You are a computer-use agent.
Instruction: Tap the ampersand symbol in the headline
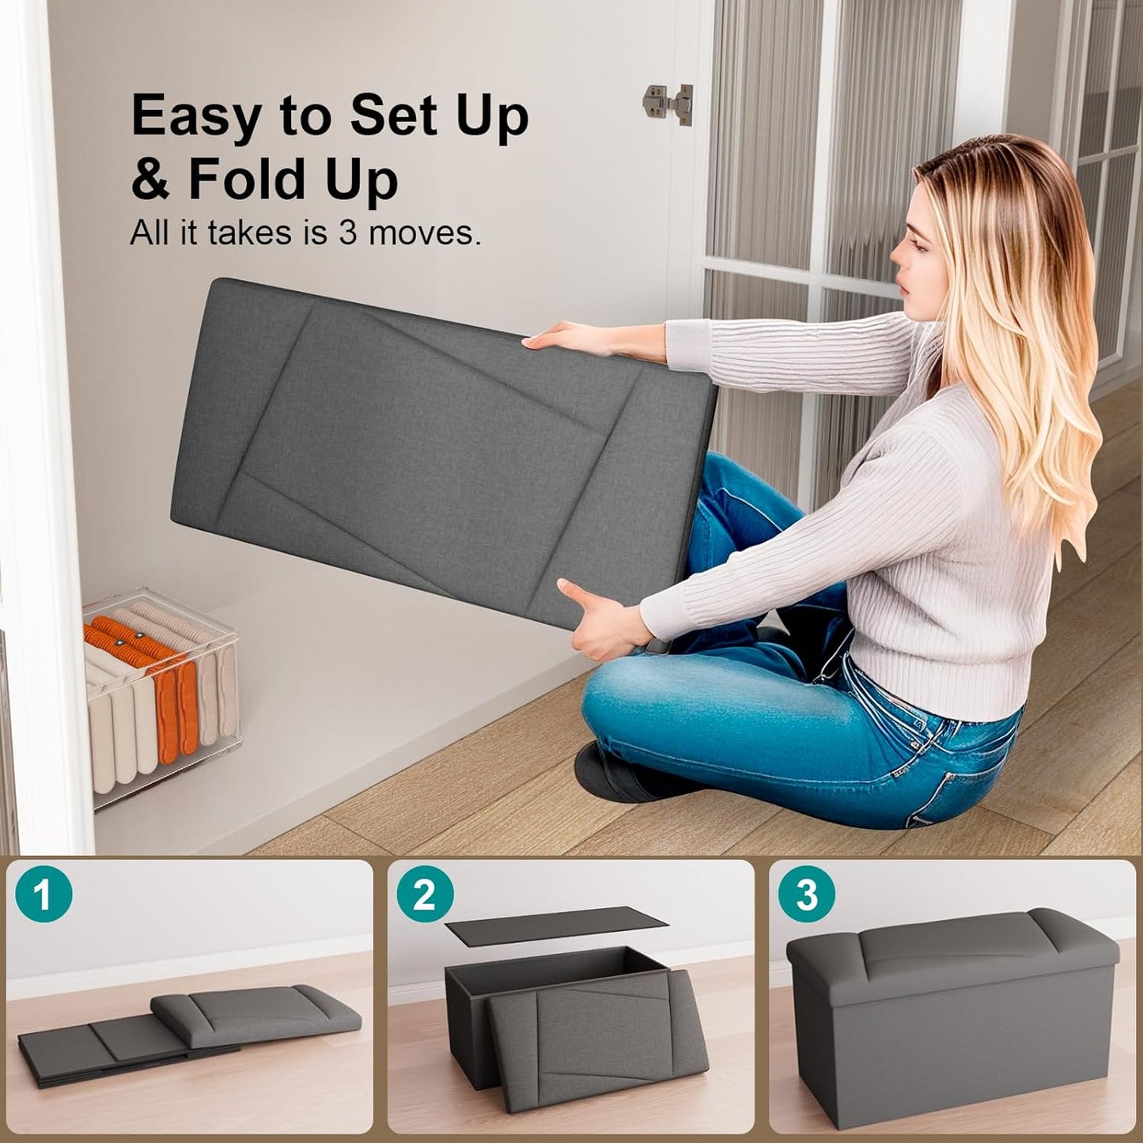coord(150,179)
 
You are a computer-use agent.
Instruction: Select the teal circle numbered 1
coord(44,894)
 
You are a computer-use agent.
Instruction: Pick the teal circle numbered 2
coord(425,894)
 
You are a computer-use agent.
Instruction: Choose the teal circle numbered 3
coord(806,894)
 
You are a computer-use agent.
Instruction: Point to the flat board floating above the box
coord(556,925)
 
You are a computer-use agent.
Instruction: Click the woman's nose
coord(895,255)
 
